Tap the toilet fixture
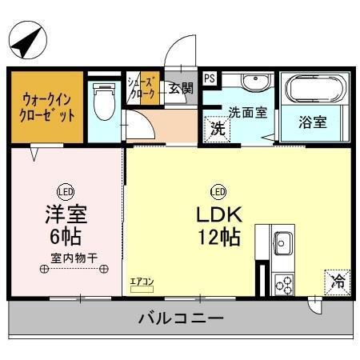pos(102,101)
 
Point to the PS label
pos(209,79)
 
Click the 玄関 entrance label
pos(180,89)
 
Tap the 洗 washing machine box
pos(216,128)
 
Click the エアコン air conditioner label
pos(141,282)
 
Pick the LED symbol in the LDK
pos(217,191)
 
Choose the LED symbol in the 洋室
pos(65,191)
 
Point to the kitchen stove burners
pos(283,282)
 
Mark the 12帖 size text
pos(218,238)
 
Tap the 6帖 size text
pos(65,238)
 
